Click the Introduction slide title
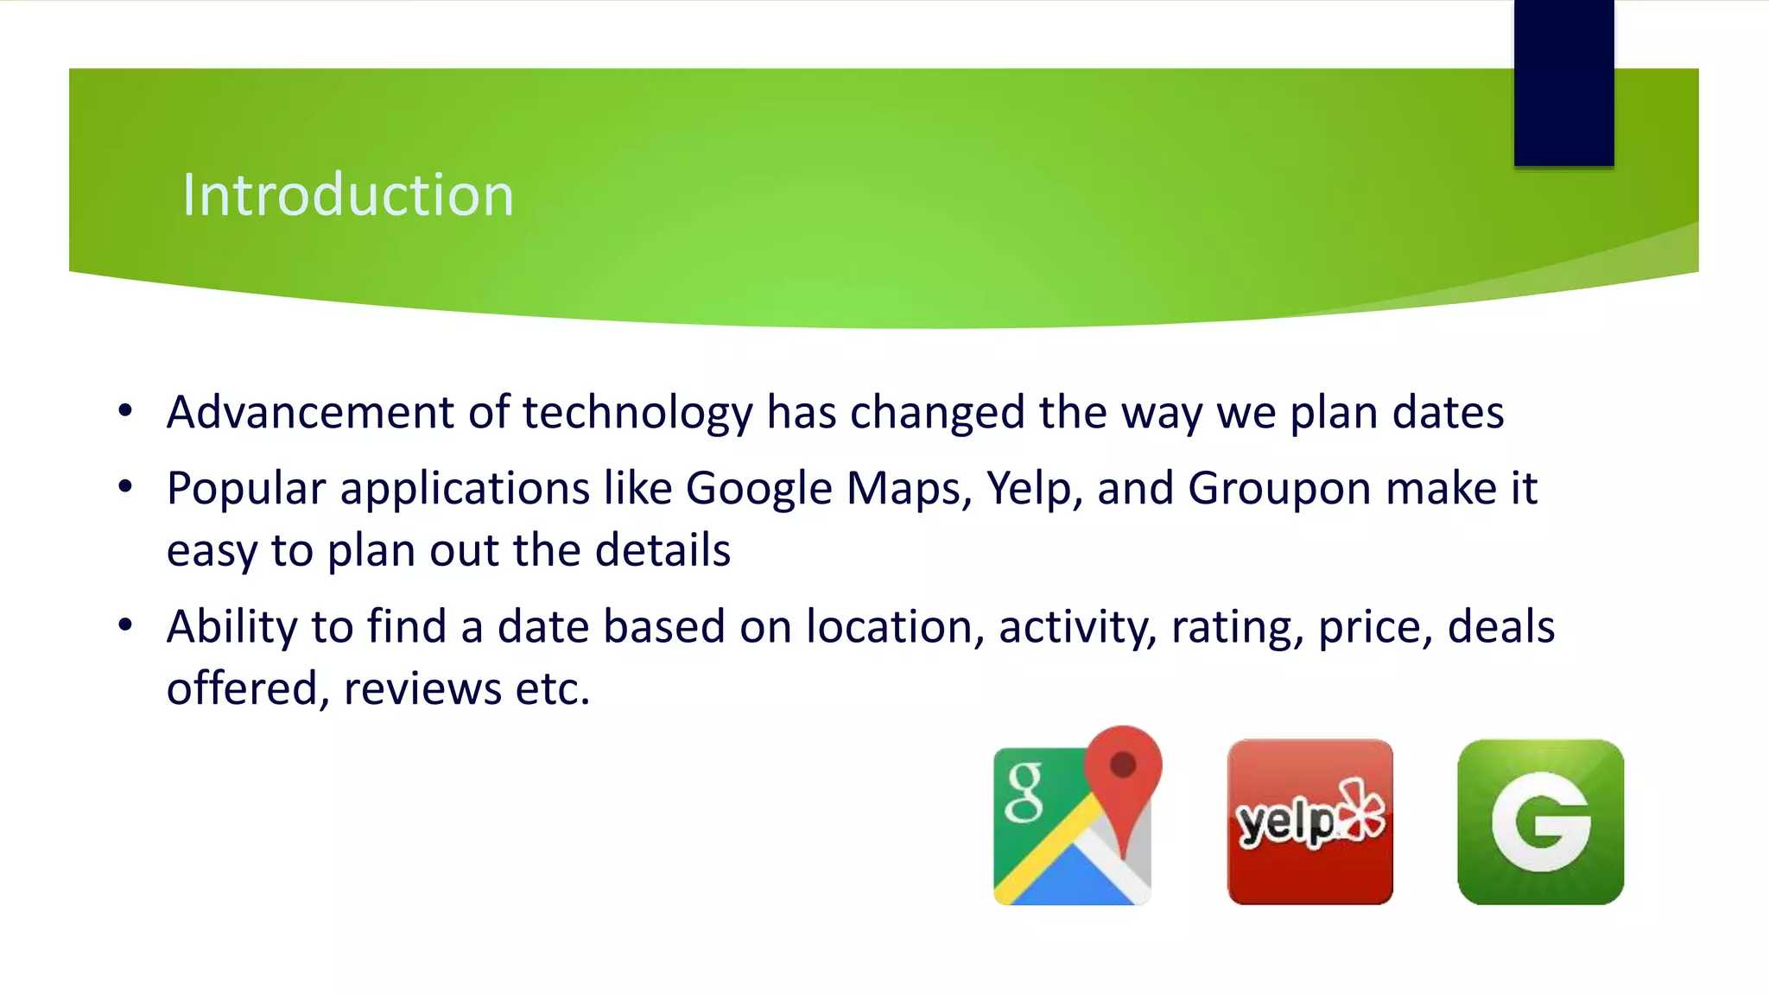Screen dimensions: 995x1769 [347, 195]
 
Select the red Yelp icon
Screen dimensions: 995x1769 [1309, 821]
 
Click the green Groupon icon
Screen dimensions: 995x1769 [1540, 821]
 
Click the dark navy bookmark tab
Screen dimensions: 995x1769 [1563, 82]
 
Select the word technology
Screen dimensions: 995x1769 [637, 414]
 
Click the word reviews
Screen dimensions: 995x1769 [422, 689]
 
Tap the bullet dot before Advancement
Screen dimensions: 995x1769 [126, 411]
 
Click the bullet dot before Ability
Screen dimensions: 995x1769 [126, 624]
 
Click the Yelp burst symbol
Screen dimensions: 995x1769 [1361, 809]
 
